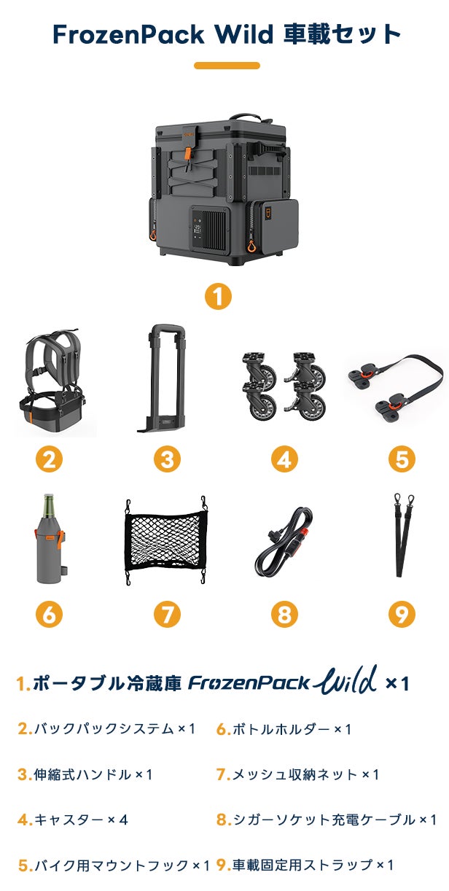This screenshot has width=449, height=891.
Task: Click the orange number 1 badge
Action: click(x=218, y=296)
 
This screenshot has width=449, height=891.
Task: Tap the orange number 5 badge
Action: click(x=402, y=459)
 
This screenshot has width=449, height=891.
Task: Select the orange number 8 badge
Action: click(x=284, y=614)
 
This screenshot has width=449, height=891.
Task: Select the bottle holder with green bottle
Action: click(x=50, y=540)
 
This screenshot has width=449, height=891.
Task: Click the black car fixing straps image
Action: click(x=403, y=535)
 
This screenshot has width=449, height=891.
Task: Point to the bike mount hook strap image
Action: click(x=397, y=385)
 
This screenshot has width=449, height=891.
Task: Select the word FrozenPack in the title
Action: click(x=128, y=34)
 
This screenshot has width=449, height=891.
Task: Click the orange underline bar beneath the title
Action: click(x=227, y=66)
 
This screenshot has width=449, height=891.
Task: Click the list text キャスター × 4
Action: click(x=73, y=820)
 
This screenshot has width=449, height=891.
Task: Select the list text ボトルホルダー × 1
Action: click(x=284, y=729)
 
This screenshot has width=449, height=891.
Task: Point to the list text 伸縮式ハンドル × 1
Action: click(x=85, y=774)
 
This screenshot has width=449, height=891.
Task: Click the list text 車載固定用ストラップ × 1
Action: click(x=305, y=865)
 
